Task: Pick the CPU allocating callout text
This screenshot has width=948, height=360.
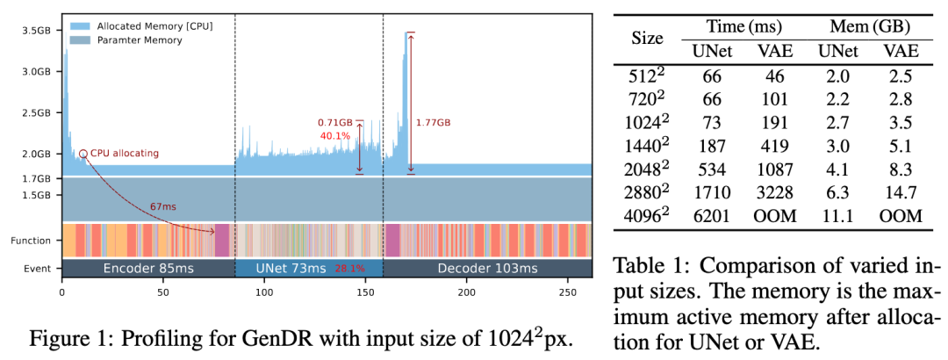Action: point(125,153)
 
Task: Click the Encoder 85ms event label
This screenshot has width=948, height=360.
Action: point(147,267)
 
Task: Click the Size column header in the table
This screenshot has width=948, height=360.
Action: point(648,40)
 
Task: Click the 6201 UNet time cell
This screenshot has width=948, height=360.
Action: point(707,215)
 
